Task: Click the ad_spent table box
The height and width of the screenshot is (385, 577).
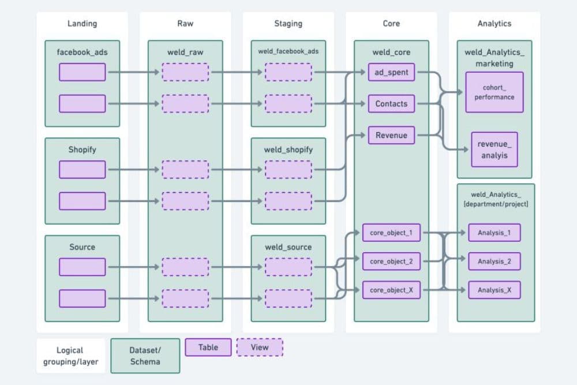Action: click(391, 72)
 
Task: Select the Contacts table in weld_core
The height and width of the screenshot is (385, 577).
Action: click(391, 104)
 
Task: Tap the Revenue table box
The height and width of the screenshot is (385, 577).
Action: click(391, 135)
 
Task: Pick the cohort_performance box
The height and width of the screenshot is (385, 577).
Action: click(494, 92)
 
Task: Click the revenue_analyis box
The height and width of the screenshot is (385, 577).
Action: click(494, 149)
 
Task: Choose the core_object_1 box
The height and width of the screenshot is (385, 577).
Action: click(391, 233)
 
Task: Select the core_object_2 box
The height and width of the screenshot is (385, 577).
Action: click(391, 261)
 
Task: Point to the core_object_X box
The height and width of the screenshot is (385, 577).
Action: click(391, 290)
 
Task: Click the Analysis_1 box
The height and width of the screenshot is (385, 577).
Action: click(494, 233)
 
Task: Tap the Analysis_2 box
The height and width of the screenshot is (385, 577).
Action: click(494, 261)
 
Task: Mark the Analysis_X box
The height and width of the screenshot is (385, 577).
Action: click(494, 290)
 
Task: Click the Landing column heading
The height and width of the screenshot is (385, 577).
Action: click(82, 24)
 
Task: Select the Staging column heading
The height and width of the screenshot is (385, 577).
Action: click(288, 24)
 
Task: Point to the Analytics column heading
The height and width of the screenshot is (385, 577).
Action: click(494, 24)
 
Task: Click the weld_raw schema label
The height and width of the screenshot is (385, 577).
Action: click(185, 52)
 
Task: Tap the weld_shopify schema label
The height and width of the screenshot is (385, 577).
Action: click(288, 149)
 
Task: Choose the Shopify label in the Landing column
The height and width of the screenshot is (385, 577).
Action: click(82, 149)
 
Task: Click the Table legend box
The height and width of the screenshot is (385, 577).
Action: click(208, 347)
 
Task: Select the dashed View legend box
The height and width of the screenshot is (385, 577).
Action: click(260, 347)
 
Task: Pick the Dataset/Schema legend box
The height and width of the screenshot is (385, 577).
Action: click(145, 356)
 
